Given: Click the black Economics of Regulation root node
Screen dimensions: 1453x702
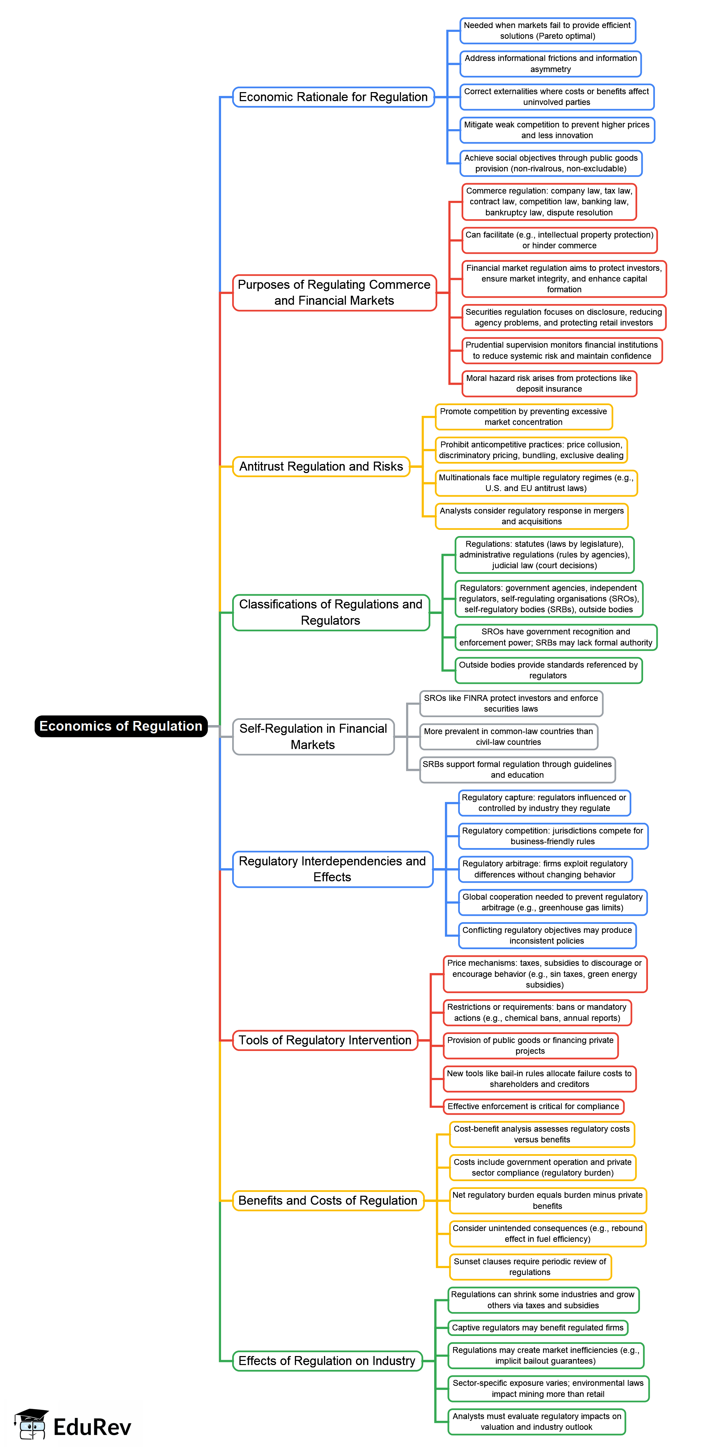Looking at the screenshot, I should click(121, 726).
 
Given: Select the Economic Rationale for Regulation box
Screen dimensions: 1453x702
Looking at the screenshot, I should click(333, 97).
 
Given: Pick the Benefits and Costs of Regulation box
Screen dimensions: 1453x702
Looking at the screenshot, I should click(327, 1200).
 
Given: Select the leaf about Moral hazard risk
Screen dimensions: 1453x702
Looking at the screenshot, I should click(549, 384).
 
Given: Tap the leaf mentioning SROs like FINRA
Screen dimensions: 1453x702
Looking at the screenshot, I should click(511, 703).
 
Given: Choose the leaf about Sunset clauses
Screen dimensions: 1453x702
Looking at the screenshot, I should click(530, 1266).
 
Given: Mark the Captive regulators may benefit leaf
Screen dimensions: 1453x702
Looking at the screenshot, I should click(537, 1327).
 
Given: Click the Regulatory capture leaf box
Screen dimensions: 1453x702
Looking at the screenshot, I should click(544, 803).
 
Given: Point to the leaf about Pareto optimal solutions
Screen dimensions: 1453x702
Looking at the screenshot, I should click(547, 30).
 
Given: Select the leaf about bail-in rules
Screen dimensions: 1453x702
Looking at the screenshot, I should click(539, 1078).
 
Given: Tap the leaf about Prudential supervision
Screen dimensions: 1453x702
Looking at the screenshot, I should click(561, 350).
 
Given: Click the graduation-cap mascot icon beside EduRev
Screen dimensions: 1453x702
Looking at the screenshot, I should click(32, 1424).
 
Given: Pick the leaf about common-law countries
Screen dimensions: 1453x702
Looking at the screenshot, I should click(508, 737).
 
